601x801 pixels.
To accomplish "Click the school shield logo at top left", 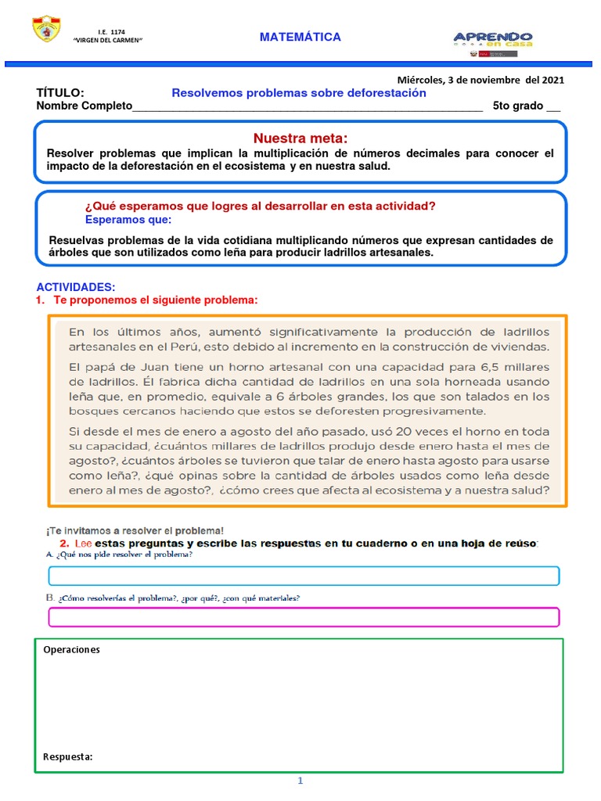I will [x=45, y=30].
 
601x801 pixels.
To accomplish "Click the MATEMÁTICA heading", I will [x=300, y=37].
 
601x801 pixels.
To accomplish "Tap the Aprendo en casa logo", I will [x=493, y=40].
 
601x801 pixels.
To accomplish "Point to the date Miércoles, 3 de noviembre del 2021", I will [x=480, y=80].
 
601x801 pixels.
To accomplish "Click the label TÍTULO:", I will [x=59, y=93].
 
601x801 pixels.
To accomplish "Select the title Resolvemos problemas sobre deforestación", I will [x=299, y=93].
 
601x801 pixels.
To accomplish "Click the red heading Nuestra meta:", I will [x=300, y=138].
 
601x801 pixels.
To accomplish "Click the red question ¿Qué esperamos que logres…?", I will [x=259, y=207].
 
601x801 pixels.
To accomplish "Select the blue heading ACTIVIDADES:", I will [x=75, y=288].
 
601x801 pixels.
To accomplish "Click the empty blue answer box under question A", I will [x=304, y=577].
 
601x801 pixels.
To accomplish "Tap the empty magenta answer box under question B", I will [x=304, y=617].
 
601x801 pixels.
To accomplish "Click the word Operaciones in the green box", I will [x=72, y=649].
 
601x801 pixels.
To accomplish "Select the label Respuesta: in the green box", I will [x=68, y=756].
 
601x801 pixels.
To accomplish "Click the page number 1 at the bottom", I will [x=299, y=781].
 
